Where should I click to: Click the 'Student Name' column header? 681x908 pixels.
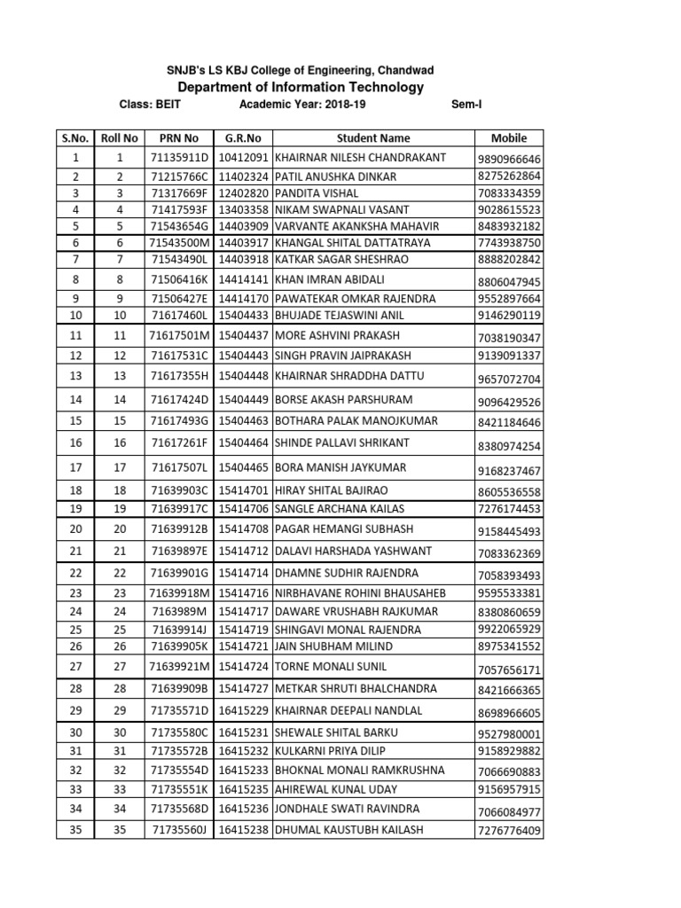point(373,138)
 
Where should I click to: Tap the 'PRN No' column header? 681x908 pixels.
point(179,138)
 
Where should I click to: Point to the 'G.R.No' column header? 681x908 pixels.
point(243,138)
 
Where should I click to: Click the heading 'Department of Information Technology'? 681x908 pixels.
point(301,87)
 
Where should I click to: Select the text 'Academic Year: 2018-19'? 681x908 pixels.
point(302,105)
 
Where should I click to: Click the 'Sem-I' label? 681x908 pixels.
point(465,105)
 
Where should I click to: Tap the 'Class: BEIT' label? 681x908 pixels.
point(148,105)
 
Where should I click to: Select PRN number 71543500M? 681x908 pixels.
point(179,242)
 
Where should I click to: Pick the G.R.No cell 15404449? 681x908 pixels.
point(243,400)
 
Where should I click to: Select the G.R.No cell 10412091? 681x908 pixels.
point(243,157)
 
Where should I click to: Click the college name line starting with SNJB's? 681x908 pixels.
point(301,70)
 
